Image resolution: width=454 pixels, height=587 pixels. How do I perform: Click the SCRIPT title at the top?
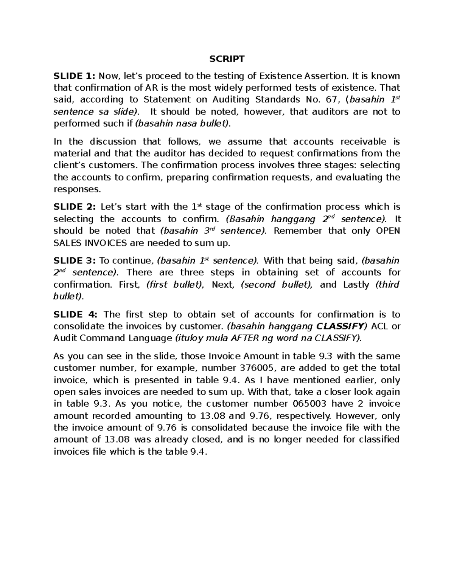(x=227, y=59)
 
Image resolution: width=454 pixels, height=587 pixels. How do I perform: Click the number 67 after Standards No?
(x=329, y=100)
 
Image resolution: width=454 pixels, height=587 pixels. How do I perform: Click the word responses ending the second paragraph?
(x=72, y=189)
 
